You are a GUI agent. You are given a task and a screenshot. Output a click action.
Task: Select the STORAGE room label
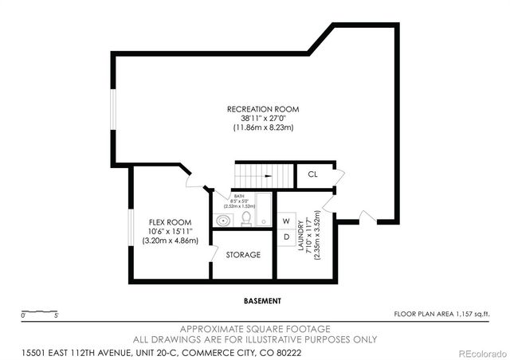tap(242, 255)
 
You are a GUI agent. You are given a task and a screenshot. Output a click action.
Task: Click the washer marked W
tap(284, 219)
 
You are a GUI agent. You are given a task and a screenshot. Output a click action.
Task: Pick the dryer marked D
tap(284, 237)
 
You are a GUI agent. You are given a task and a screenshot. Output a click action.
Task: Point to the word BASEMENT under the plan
tap(262, 301)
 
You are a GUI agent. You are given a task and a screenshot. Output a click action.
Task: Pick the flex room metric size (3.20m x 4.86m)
tap(170, 241)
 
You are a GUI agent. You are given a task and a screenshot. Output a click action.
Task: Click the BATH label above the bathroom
tap(237, 197)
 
